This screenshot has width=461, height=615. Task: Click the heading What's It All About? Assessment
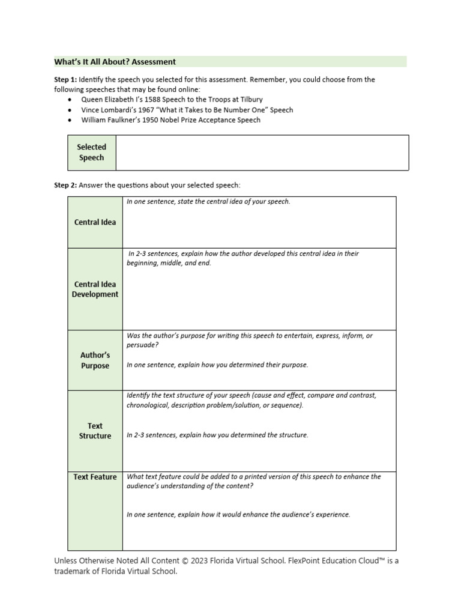click(115, 61)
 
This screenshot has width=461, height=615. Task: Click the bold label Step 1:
click(65, 79)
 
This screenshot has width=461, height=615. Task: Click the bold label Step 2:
click(65, 185)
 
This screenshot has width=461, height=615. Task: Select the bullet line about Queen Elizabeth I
click(172, 99)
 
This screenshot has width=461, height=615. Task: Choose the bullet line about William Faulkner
click(171, 120)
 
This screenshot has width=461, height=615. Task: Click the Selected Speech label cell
click(91, 153)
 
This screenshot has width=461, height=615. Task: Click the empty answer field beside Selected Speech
click(262, 153)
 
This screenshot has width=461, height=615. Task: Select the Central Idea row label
click(95, 222)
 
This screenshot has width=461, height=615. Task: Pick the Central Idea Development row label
click(95, 289)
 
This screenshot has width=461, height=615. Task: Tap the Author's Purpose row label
click(95, 360)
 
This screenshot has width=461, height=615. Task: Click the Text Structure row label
click(95, 431)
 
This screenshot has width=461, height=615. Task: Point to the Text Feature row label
click(95, 477)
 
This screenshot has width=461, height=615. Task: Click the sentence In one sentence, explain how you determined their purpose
click(217, 365)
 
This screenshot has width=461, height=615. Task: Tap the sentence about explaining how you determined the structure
click(217, 435)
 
